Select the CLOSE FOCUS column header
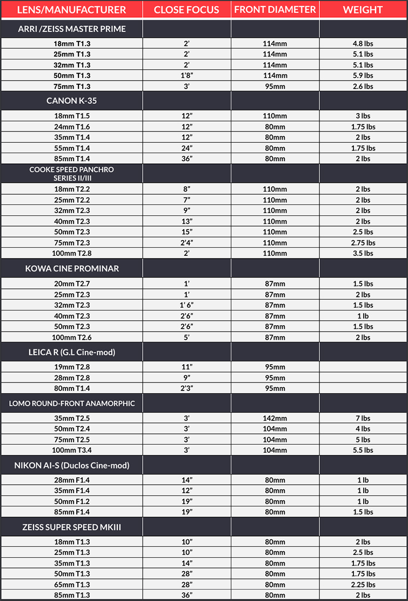[x=186, y=10]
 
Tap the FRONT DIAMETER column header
[x=275, y=10]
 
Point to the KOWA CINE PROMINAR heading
[x=72, y=268]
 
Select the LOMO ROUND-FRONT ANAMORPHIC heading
[x=72, y=403]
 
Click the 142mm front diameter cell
[x=275, y=419]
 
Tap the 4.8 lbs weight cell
[x=363, y=44]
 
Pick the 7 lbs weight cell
[x=363, y=419]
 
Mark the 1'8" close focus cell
[x=186, y=76]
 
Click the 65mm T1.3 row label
[x=72, y=585]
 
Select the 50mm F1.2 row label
[x=72, y=501]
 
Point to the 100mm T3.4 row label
[x=72, y=450]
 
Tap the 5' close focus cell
[x=186, y=338]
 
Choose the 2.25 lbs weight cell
[x=363, y=585]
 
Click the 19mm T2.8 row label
[x=72, y=367]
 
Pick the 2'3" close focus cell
[x=186, y=388]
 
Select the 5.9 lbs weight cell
[x=363, y=76]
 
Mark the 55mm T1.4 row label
[x=72, y=148]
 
